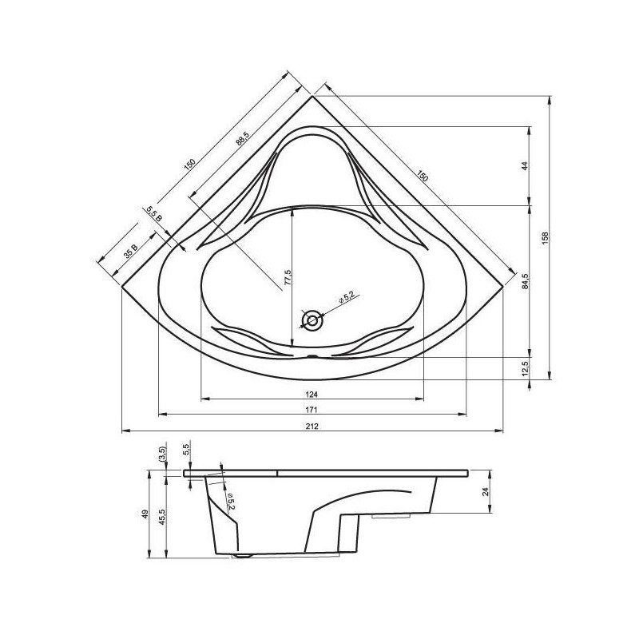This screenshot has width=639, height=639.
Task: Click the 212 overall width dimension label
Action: [312, 427]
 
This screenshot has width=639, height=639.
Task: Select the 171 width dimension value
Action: [312, 410]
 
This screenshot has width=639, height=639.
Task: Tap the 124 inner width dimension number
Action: [312, 394]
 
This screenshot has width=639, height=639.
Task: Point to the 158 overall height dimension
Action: [546, 238]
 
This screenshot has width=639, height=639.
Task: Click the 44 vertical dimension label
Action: [525, 166]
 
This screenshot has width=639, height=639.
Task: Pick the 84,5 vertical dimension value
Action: [525, 281]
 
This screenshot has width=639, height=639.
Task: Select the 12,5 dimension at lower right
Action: [525, 368]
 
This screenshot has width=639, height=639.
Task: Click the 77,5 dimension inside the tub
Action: [288, 277]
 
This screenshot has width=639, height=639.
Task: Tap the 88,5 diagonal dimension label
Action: [242, 138]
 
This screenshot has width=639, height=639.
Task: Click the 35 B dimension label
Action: [131, 252]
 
